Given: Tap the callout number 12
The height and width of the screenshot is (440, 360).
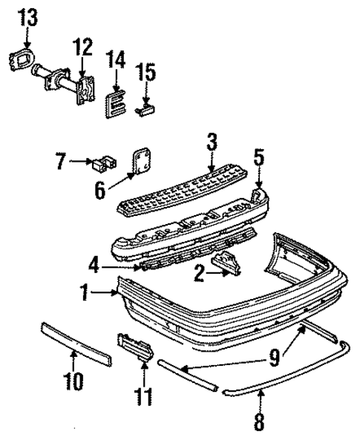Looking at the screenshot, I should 82,48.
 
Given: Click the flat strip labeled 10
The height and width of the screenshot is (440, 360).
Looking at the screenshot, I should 73,344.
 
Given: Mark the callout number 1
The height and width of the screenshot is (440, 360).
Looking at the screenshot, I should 88,295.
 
